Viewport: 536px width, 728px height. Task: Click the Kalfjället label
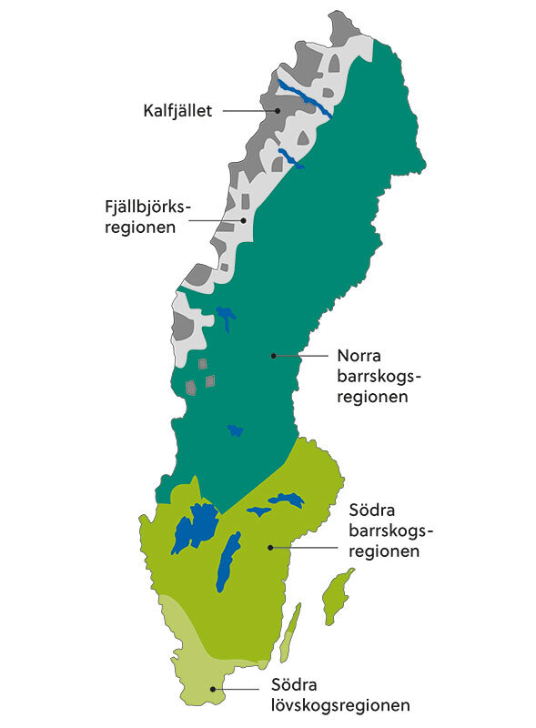(x=177, y=112)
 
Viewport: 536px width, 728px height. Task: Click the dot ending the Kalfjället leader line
(x=278, y=111)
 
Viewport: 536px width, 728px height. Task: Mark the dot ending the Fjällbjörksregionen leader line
(x=244, y=220)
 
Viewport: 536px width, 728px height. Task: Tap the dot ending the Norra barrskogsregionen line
(x=272, y=356)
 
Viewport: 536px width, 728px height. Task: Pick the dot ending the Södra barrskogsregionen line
(x=270, y=547)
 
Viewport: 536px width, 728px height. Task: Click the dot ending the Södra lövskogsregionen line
(x=213, y=689)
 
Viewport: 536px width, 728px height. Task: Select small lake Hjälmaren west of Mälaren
(x=258, y=511)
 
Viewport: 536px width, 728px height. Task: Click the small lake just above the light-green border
(x=237, y=430)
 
